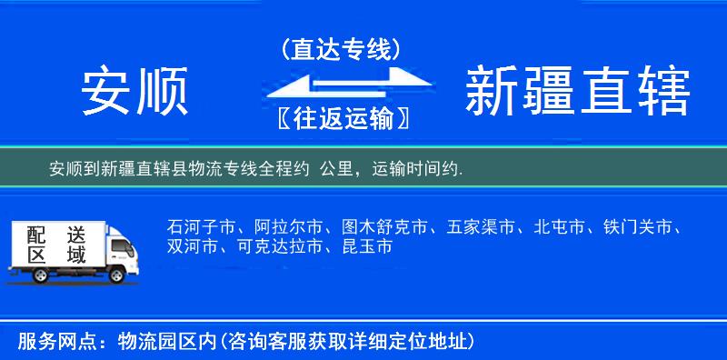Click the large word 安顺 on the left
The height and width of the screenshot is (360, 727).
134,92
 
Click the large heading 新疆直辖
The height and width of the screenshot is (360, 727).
577,92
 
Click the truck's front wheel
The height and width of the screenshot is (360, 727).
118,274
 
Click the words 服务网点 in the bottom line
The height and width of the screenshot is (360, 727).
45,342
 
